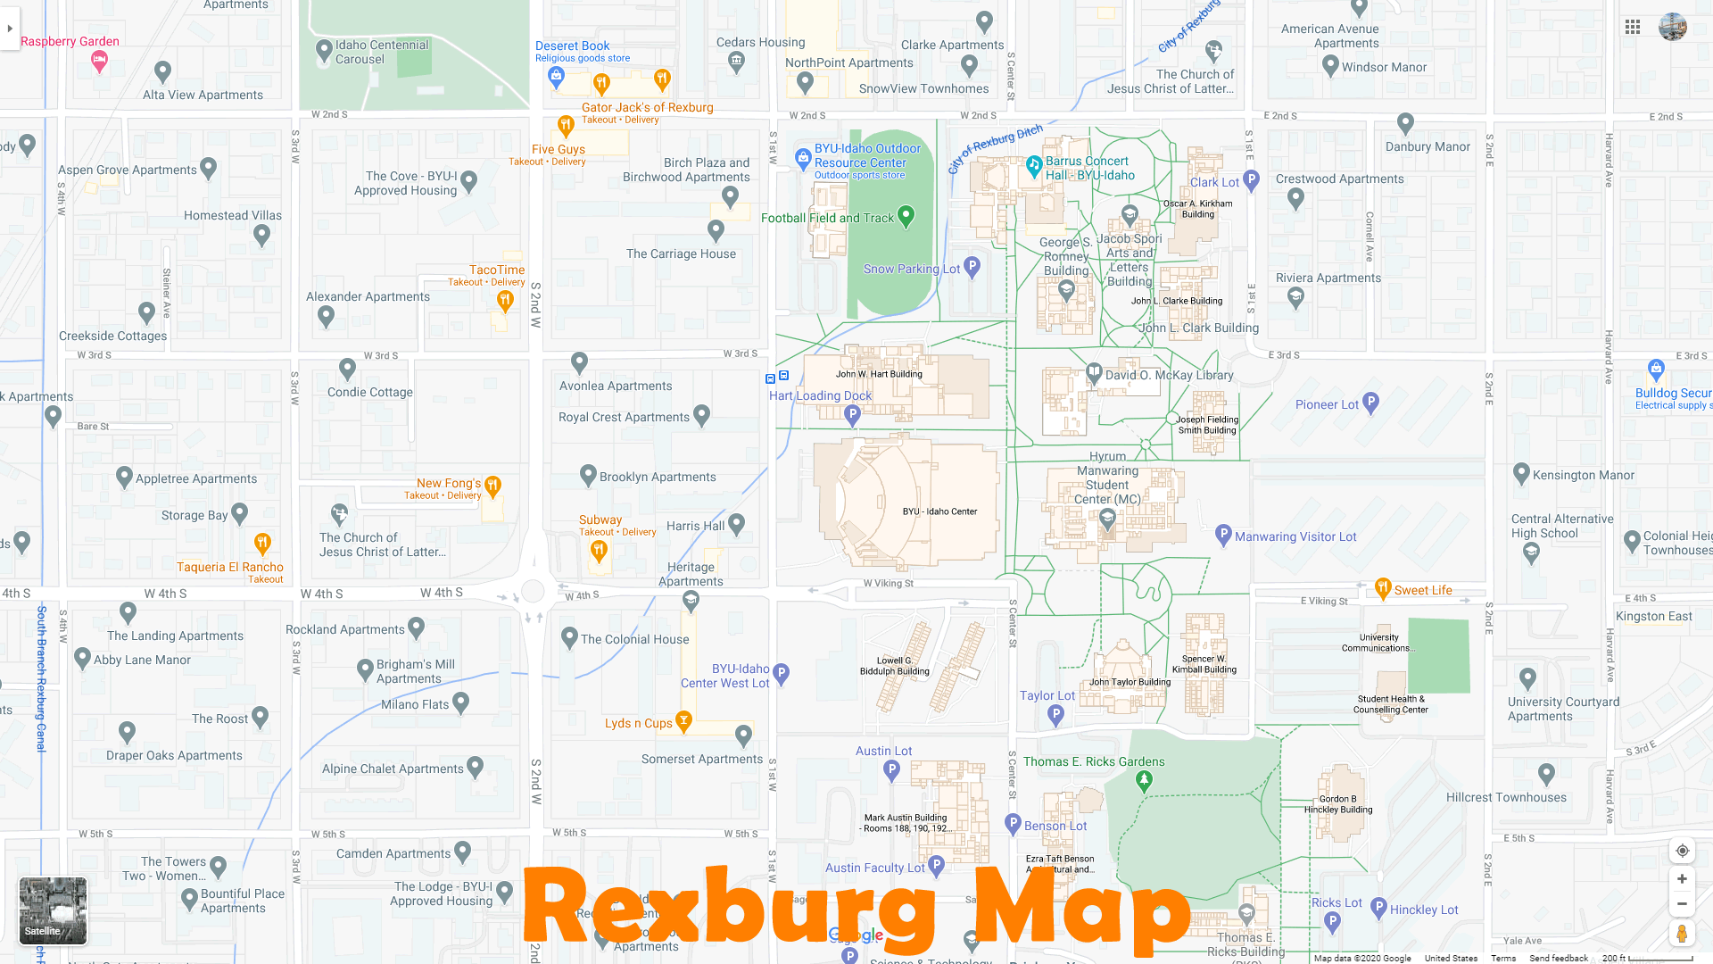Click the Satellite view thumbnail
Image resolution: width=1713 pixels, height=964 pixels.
coord(54,910)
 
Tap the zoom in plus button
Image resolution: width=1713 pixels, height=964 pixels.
coord(1682,879)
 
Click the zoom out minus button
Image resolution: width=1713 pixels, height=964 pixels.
coord(1682,904)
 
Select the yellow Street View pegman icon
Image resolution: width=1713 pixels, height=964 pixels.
coord(1682,934)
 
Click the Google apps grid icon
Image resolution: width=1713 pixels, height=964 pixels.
coord(1633,27)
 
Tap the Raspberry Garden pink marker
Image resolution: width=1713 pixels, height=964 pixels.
coord(99,61)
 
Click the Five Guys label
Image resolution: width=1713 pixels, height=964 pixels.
coord(558,149)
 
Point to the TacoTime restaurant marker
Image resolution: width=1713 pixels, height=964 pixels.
coord(505,301)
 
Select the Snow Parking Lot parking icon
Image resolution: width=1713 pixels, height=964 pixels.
coord(972,266)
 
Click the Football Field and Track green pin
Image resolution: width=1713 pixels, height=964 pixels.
coord(906,215)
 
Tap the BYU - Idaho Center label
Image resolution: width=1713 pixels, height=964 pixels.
coord(939,511)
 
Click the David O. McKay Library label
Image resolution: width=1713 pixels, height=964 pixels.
coord(1169,375)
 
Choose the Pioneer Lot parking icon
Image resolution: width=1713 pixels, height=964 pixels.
coord(1371,403)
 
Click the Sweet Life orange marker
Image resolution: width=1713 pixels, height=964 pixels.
coord(1383,587)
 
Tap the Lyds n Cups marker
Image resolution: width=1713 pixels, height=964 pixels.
coord(684,720)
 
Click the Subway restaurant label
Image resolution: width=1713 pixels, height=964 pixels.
coord(600,519)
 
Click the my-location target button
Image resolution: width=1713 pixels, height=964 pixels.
coord(1682,851)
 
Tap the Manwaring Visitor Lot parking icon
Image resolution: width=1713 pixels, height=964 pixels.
coord(1223,535)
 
